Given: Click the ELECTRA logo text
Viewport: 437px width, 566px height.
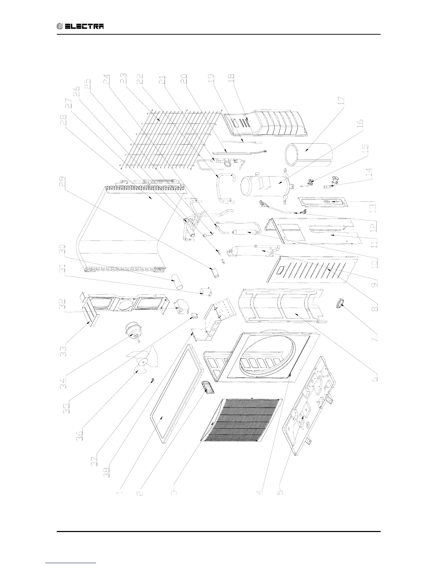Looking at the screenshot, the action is click(x=81, y=26).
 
